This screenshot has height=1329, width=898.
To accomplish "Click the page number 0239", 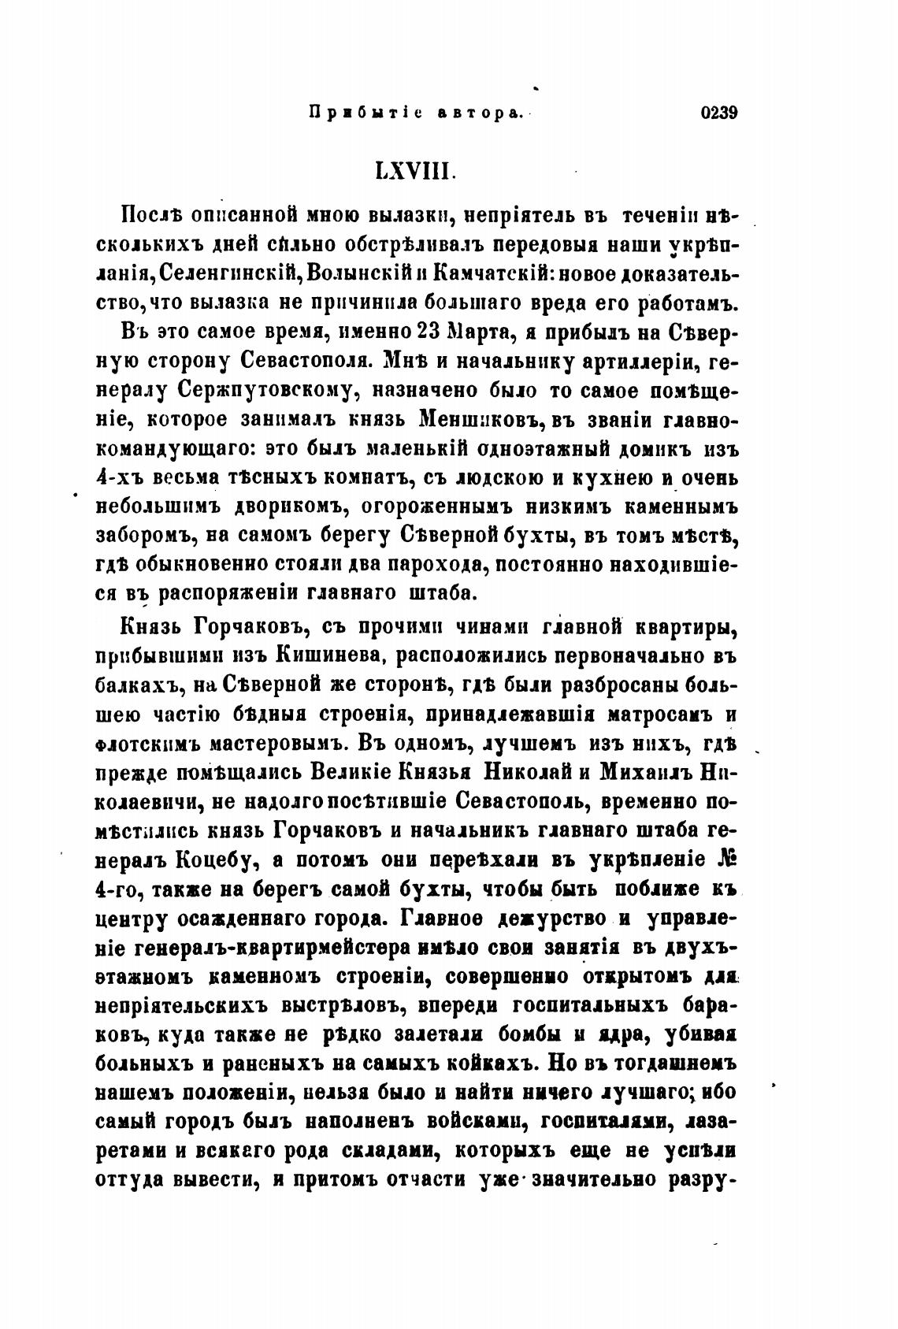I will pos(718,113).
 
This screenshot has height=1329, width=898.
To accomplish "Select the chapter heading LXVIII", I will pos(414,171).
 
